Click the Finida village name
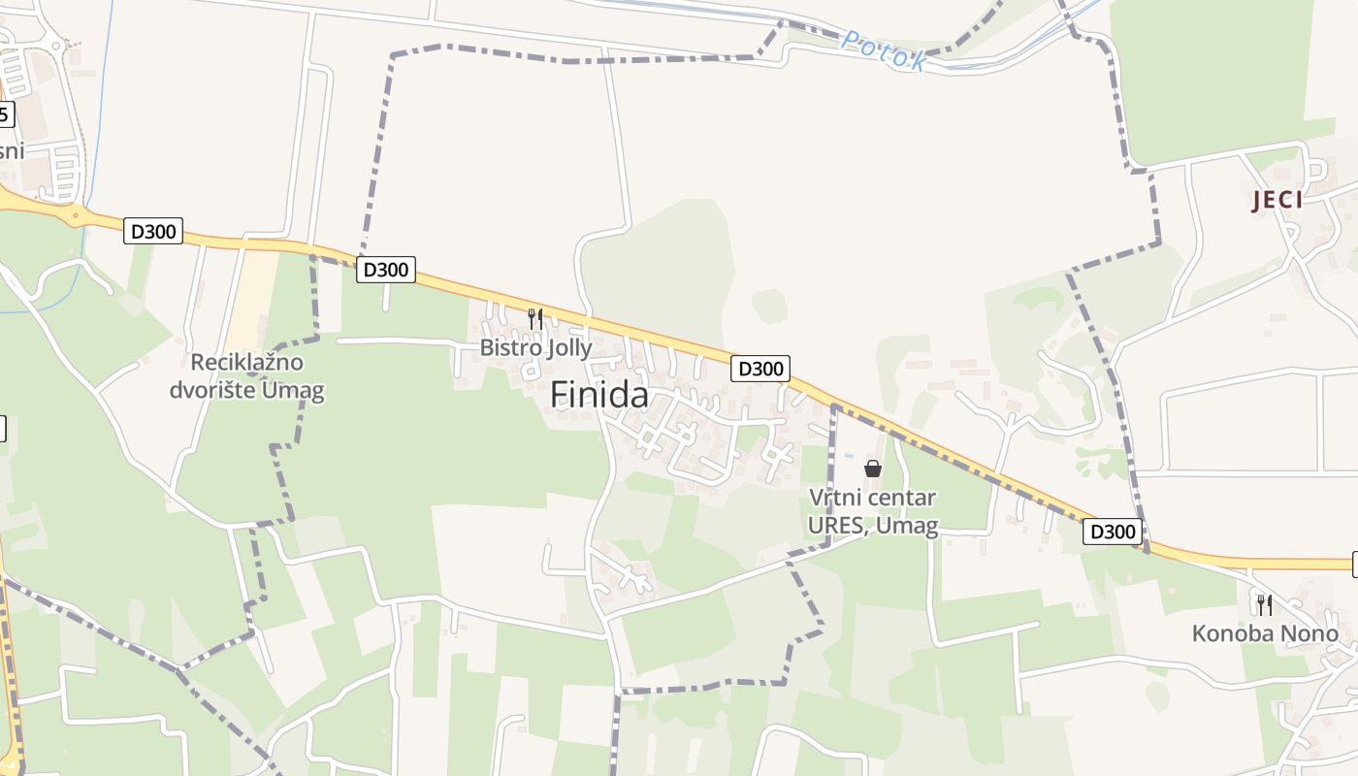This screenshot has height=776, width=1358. coord(599,395)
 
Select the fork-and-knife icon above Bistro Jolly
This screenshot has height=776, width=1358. coord(534,317)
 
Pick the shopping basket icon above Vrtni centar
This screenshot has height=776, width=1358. coord(873,469)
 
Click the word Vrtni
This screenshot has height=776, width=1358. coord(835,499)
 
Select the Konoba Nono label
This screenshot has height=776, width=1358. coord(1265,634)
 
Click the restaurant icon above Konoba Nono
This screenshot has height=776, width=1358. coord(1265,604)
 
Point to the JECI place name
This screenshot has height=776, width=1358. coord(1277,201)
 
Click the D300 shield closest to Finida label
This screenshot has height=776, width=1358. coord(760,369)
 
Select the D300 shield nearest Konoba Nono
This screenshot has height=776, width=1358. coord(1113,532)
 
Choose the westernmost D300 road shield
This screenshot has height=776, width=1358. coord(153,232)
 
